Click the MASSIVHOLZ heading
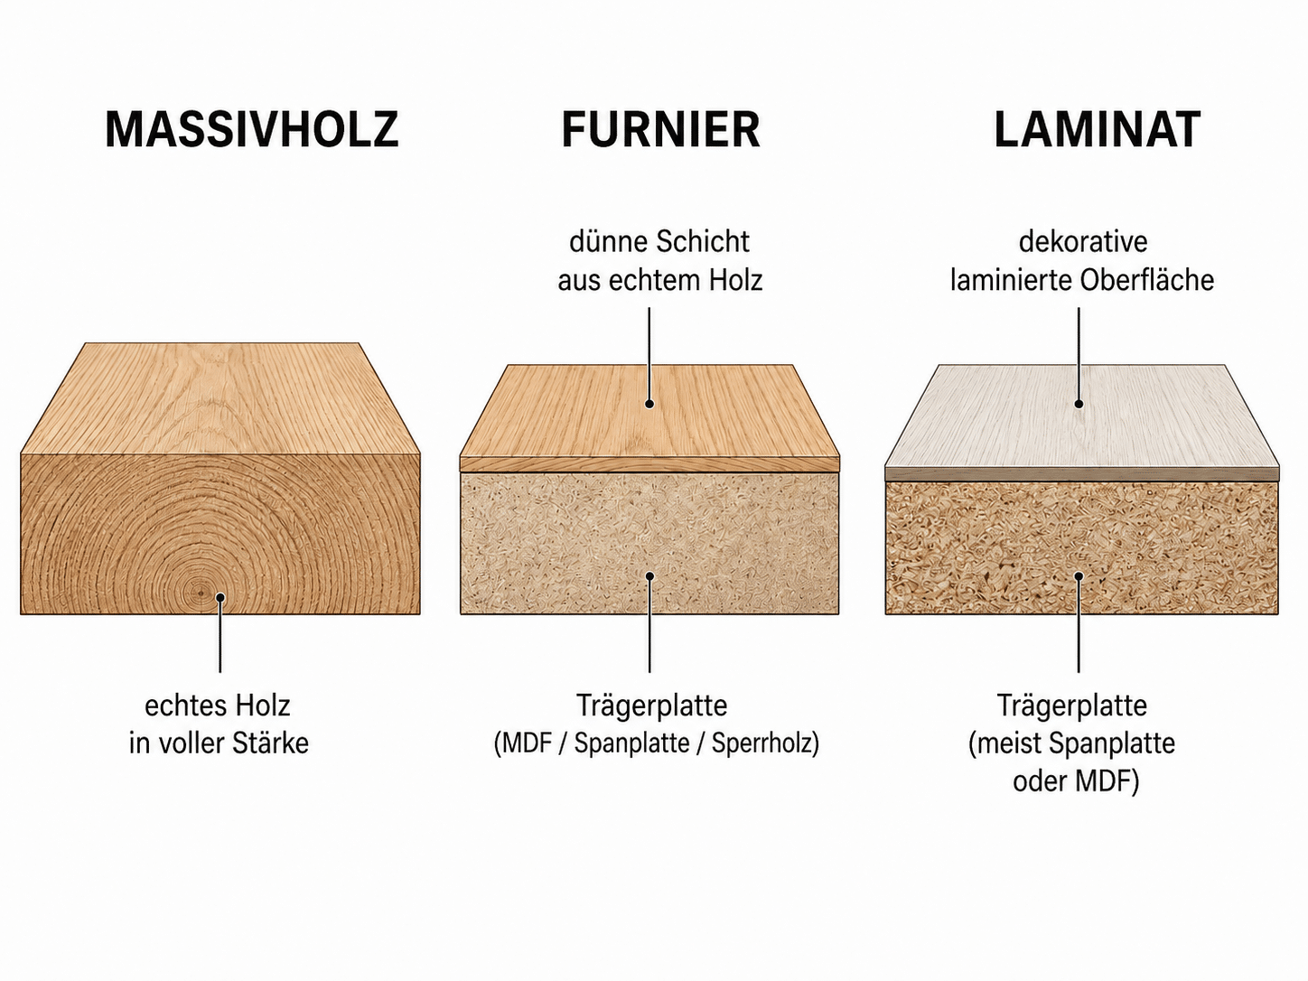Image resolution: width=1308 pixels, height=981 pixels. click(x=251, y=129)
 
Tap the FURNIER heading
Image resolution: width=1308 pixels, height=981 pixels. click(x=660, y=129)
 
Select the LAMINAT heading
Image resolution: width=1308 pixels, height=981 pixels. click(x=1097, y=129)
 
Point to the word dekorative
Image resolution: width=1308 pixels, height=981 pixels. click(x=1083, y=242)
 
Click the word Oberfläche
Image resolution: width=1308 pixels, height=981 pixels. click(x=1147, y=281)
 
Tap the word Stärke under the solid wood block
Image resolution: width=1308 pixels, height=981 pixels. click(x=270, y=743)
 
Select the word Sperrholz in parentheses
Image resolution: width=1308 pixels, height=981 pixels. click(x=765, y=743)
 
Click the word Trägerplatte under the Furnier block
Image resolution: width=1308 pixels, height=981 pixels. click(x=651, y=706)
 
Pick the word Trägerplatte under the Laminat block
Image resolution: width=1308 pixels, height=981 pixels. click(x=1072, y=706)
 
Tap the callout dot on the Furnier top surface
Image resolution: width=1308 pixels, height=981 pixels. click(x=649, y=404)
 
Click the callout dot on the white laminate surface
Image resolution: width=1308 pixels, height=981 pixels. click(x=1079, y=404)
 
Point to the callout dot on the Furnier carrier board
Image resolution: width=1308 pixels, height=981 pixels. click(x=650, y=576)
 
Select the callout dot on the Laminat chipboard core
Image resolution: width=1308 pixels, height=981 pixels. click(x=1079, y=576)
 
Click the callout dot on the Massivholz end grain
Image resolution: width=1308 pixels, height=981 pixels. click(x=220, y=597)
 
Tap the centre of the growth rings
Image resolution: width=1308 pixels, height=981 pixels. click(x=201, y=593)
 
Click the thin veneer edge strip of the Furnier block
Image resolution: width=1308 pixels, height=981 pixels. click(x=649, y=464)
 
